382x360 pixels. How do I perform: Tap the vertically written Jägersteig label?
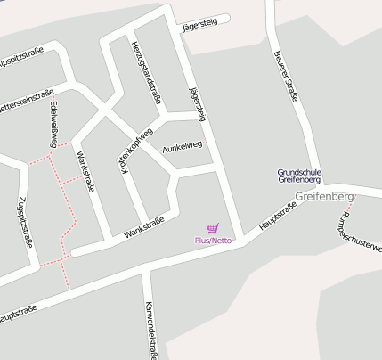click(198, 105)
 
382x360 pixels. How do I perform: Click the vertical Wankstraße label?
click(85, 171)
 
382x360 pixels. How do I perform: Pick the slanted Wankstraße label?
click(144, 226)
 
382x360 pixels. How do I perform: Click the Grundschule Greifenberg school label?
click(299, 176)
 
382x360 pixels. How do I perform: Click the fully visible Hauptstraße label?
click(277, 217)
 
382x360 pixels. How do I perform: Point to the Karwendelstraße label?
click(152, 328)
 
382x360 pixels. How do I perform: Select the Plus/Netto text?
click(214, 241)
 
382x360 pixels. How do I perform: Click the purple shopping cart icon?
click(212, 229)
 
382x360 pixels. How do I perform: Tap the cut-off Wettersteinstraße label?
click(25, 95)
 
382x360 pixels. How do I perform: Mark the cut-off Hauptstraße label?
click(18, 314)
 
